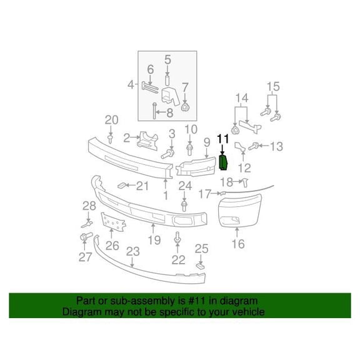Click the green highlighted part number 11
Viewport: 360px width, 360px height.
(223, 163)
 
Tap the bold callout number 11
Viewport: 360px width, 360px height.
(223, 139)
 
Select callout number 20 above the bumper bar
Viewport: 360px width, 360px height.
(112, 120)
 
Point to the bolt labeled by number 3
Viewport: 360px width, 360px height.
(167, 154)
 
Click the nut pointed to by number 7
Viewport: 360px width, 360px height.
(185, 107)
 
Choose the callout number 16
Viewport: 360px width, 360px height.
(238, 244)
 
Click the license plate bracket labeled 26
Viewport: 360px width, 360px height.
(113, 222)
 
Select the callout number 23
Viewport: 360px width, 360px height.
(132, 251)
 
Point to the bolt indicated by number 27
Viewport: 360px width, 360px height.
(86, 236)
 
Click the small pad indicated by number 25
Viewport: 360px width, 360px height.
(201, 266)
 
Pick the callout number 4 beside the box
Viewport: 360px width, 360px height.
(131, 85)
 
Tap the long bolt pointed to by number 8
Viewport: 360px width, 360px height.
(154, 111)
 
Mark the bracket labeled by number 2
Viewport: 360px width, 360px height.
(147, 141)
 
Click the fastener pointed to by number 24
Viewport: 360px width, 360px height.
(184, 206)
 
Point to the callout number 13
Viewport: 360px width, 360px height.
(276, 146)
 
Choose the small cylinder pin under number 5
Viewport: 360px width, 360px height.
(167, 81)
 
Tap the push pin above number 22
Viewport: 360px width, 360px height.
(177, 237)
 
